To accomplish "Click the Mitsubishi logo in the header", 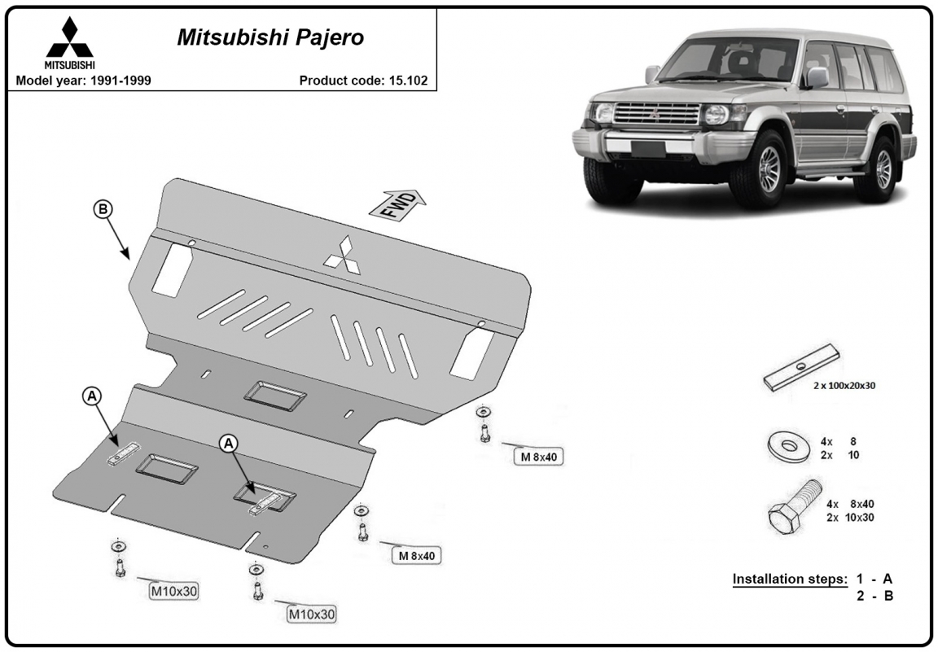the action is click(70, 42).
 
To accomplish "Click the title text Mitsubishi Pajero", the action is click(270, 37).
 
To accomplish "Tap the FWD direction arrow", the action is click(398, 204).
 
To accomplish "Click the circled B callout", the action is click(103, 209).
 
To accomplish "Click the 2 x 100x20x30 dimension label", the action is click(844, 386).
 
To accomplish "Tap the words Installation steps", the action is click(790, 579).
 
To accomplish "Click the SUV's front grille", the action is click(657, 114).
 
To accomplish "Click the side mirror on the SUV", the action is click(817, 78).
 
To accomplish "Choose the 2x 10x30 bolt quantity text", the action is click(850, 518).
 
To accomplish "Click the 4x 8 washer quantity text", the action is click(839, 441).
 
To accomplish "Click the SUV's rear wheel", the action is click(879, 168).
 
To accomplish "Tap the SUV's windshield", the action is click(729, 59).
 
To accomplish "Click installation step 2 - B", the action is click(874, 596).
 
